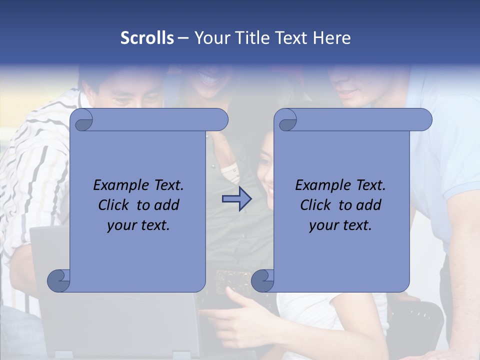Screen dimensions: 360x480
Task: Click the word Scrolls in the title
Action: tap(147, 38)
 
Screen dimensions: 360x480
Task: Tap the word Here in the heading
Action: tap(331, 38)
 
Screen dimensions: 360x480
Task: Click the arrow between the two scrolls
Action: tap(237, 199)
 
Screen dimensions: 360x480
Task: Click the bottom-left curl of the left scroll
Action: tap(58, 280)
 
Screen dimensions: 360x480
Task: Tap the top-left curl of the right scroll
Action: tap(286, 120)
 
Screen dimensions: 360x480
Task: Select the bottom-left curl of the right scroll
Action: tap(262, 280)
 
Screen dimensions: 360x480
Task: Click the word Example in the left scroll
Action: tap(118, 185)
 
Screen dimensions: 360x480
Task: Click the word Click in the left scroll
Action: tap(115, 205)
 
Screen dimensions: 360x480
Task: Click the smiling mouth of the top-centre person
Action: tap(208, 79)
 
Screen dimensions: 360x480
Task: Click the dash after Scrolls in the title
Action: tap(183, 38)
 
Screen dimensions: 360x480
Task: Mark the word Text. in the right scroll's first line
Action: tap(370, 185)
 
